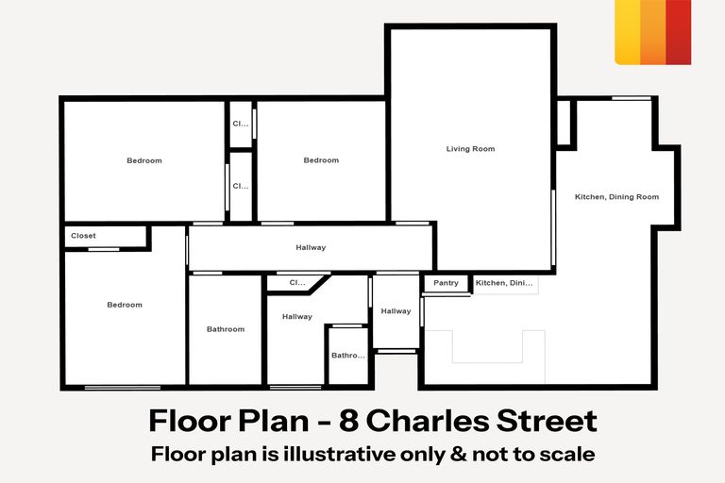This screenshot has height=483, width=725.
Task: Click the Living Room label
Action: coord(470,149)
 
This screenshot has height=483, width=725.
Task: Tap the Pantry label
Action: coord(446,283)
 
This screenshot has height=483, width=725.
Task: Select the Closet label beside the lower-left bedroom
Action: coord(82,236)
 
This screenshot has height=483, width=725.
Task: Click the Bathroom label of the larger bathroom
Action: coord(226,329)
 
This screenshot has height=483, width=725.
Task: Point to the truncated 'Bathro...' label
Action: coord(347,356)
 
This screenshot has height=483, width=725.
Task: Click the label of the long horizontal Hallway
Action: coord(311,248)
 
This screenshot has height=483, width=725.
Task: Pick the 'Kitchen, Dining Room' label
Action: coord(616,196)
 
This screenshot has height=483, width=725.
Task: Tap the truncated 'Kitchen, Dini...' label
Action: coord(505,283)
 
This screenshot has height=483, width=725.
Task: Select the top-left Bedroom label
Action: coord(144,160)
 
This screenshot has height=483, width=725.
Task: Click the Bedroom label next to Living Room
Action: coord(321,160)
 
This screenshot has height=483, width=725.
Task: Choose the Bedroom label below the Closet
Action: coord(125,305)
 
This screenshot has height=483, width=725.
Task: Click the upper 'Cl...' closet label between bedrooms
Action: coord(241,124)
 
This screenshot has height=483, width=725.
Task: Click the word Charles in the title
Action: coord(412,421)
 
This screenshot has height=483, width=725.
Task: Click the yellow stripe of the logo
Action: coord(627,32)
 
